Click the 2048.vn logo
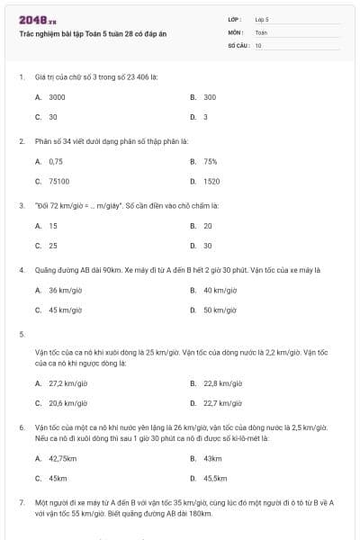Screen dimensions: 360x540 coord(38,20)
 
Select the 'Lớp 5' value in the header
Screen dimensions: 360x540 coord(262,19)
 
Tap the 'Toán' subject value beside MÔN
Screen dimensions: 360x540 coord(261,31)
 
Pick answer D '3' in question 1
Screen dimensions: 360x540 coord(205,117)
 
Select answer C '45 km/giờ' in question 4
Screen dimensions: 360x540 coord(66,310)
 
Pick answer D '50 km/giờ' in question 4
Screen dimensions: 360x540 coord(220,310)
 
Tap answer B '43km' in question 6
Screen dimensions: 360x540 coord(212,458)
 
